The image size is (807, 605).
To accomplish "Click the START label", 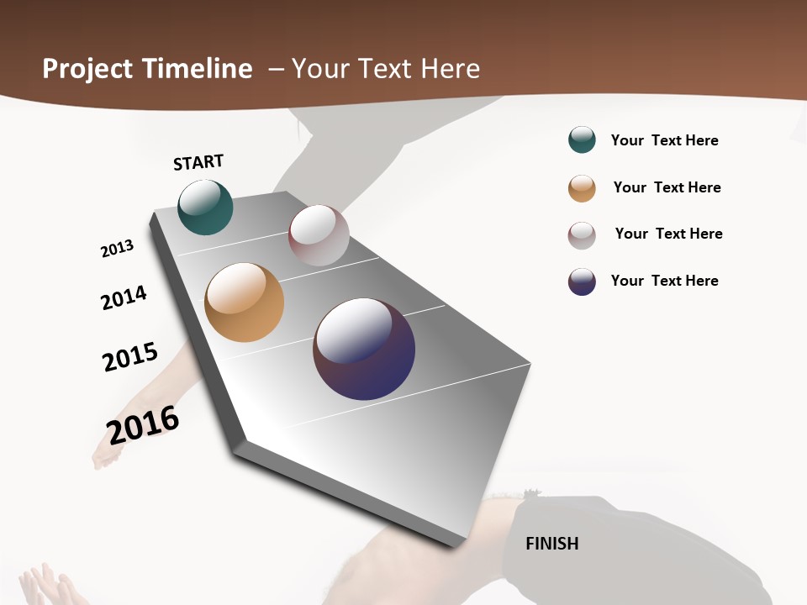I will [198, 162].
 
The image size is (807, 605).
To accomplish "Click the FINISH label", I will [552, 544].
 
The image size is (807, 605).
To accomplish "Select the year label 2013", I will [117, 249].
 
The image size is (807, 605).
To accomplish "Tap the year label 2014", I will [124, 297].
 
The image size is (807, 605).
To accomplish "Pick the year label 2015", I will [130, 356].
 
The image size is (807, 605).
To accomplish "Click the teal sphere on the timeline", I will [205, 208].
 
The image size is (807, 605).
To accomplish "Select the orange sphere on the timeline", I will [245, 302].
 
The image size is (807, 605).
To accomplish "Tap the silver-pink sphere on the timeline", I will [319, 235].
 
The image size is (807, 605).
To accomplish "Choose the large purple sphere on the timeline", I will [364, 349].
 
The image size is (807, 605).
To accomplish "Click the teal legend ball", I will [582, 139].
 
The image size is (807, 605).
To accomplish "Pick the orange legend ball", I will [582, 188].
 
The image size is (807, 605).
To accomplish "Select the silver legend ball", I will [582, 235].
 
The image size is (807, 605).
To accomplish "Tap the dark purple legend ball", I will [582, 281].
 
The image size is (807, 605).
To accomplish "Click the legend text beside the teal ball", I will [664, 140].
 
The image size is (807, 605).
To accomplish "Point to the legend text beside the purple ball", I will [664, 281].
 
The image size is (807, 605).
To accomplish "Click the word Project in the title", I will [86, 69].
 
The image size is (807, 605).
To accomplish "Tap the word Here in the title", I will [450, 69].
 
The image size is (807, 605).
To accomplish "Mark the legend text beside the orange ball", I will [667, 187].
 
